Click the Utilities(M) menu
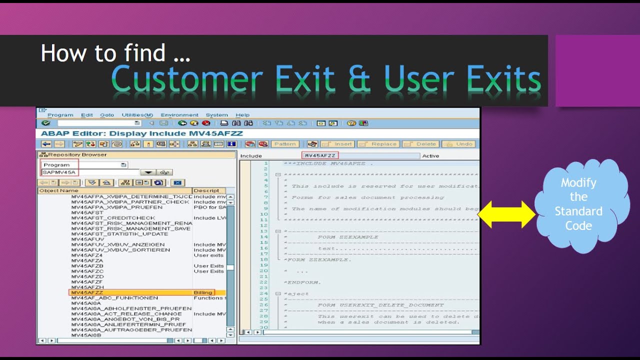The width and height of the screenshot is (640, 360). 137,115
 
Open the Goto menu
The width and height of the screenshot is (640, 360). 107,115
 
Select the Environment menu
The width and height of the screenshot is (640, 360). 179,115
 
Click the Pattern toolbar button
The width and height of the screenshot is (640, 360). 285,144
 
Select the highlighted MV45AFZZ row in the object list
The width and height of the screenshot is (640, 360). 87,292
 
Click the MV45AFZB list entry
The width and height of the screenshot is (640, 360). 87,266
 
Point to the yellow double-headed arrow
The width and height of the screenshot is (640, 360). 506,214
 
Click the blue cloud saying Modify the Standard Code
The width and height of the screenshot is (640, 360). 578,204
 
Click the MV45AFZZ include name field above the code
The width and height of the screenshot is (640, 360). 320,155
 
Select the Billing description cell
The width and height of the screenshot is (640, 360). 203,292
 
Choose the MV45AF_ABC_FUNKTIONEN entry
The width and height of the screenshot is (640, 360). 114,298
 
